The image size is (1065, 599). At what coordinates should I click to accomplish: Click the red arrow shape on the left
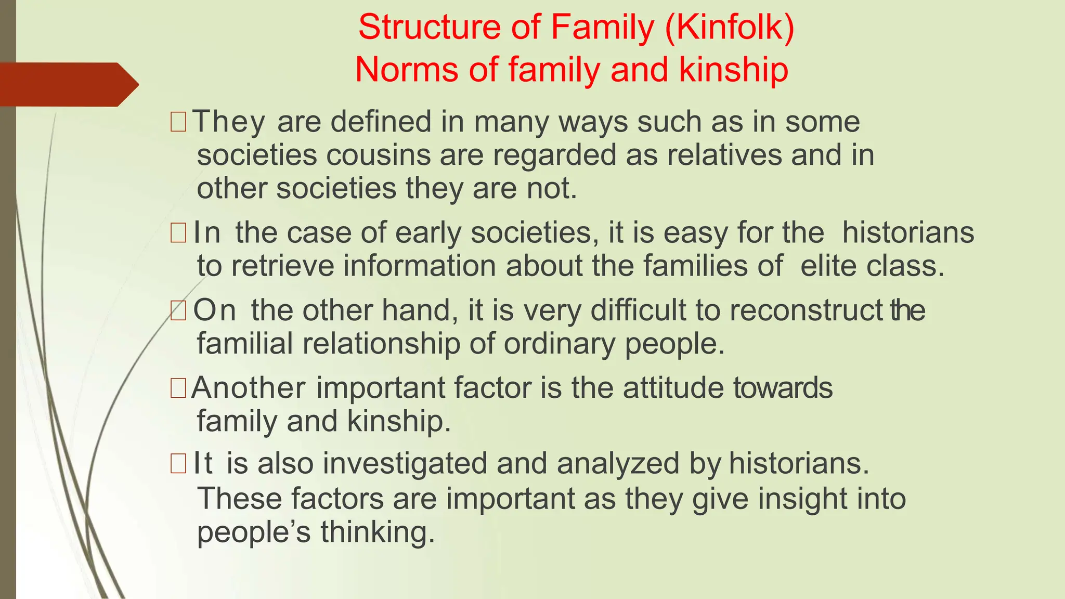point(68,84)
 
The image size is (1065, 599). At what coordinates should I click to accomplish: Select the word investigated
point(405,463)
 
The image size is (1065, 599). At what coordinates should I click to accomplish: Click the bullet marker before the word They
point(178,122)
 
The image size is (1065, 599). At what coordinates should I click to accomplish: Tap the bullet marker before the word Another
point(178,388)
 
